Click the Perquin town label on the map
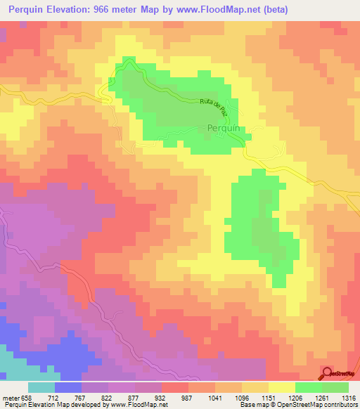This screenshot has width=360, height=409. [225, 128]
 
